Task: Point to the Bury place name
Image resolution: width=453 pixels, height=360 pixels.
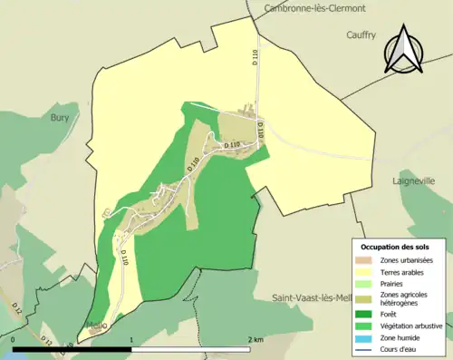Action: tap(60, 118)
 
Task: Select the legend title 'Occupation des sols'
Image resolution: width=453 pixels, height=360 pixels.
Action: tap(396, 247)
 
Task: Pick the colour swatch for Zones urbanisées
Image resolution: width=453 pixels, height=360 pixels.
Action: tap(366, 261)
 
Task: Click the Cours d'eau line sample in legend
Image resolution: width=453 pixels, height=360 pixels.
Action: tap(366, 347)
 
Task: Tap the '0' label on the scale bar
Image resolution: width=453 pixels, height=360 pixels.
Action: tap(14, 340)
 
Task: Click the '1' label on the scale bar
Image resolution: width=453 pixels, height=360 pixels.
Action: tap(132, 340)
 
